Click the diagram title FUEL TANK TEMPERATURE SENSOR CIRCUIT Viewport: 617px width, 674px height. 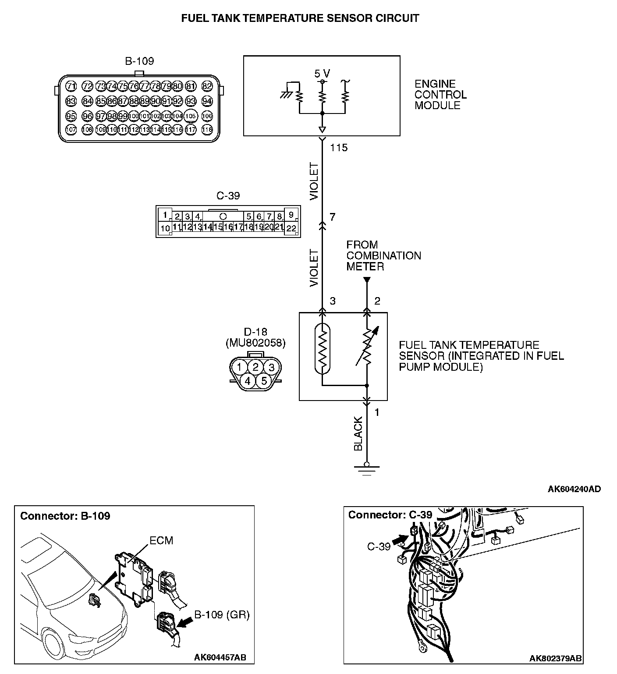tap(300, 18)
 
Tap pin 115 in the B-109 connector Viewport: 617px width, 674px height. tap(167, 129)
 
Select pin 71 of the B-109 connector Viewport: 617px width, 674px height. tap(71, 86)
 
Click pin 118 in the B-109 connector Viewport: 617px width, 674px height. tap(207, 129)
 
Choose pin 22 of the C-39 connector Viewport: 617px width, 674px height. tap(291, 228)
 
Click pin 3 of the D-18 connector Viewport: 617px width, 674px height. tap(272, 367)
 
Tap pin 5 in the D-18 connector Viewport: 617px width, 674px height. tap(264, 381)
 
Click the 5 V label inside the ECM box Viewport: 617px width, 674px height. tap(322, 73)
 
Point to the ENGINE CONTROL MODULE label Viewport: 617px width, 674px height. tap(440, 95)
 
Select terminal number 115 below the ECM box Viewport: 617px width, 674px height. tap(339, 148)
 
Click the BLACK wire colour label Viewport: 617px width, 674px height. tap(358, 433)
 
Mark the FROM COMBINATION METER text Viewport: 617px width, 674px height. tap(383, 255)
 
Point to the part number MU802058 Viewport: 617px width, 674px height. tap(255, 343)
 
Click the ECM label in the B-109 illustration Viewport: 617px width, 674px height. tap(161, 541)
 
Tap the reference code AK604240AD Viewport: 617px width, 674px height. tap(574, 489)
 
